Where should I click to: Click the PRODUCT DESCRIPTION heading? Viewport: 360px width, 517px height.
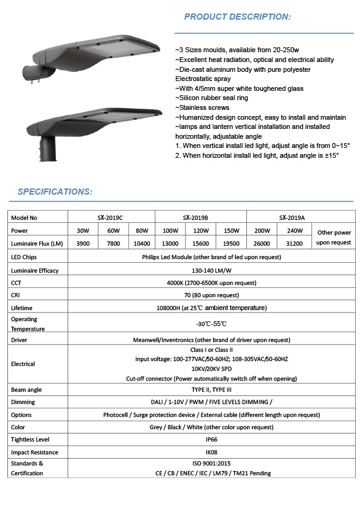click(x=237, y=17)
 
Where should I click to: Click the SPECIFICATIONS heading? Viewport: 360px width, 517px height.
click(x=55, y=192)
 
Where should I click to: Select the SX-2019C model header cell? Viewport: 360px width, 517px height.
click(x=111, y=217)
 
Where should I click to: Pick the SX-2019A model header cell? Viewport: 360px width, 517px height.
click(x=292, y=217)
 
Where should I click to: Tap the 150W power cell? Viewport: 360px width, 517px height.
click(x=231, y=231)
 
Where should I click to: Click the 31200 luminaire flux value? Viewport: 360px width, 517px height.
click(x=295, y=244)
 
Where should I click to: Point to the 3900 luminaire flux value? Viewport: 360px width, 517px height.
click(x=83, y=244)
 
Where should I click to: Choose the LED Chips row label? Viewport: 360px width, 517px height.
click(x=25, y=257)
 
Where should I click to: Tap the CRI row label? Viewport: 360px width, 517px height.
click(x=17, y=295)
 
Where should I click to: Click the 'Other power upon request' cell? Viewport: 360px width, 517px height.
click(x=334, y=238)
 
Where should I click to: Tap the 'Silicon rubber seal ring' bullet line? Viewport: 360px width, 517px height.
click(x=213, y=98)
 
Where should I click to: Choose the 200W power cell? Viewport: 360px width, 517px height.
click(x=262, y=231)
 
